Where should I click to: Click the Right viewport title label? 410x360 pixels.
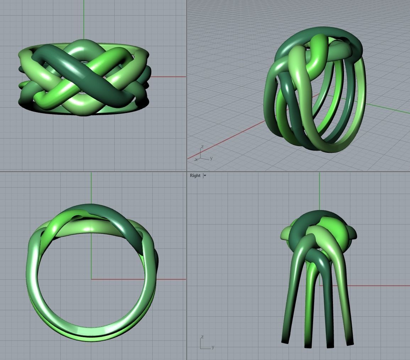[195, 176]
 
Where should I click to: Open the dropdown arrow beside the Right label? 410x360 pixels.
[205, 176]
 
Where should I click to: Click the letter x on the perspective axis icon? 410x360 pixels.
[196, 160]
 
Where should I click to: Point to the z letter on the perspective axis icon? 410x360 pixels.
[202, 147]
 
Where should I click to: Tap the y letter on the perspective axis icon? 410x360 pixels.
[211, 158]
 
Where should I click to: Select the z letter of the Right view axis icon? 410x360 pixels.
[202, 337]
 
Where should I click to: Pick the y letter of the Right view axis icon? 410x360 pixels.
[213, 347]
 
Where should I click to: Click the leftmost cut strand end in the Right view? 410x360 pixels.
[285, 342]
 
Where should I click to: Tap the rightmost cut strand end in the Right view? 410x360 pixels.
[350, 343]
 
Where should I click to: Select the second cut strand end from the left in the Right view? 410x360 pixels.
[308, 345]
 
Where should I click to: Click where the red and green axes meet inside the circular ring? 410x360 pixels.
[91, 279]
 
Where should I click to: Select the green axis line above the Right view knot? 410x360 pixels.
[319, 192]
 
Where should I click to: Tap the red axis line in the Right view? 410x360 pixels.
[383, 285]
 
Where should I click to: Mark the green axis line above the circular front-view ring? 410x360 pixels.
[91, 188]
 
